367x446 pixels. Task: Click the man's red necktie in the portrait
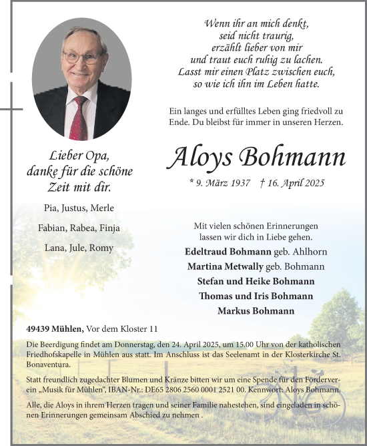[x=79, y=117]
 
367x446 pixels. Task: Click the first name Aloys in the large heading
[x=201, y=158]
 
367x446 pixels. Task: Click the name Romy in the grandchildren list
[x=103, y=248]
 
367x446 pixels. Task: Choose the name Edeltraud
[x=208, y=252]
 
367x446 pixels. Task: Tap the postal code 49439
[x=41, y=329]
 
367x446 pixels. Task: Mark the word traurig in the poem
[x=276, y=35]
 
